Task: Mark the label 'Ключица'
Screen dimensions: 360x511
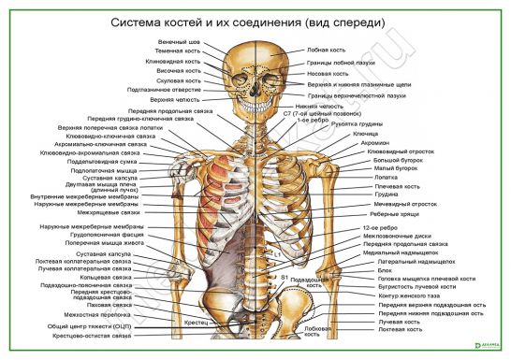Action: click(365, 134)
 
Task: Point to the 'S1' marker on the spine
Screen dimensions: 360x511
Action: click(283, 277)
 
